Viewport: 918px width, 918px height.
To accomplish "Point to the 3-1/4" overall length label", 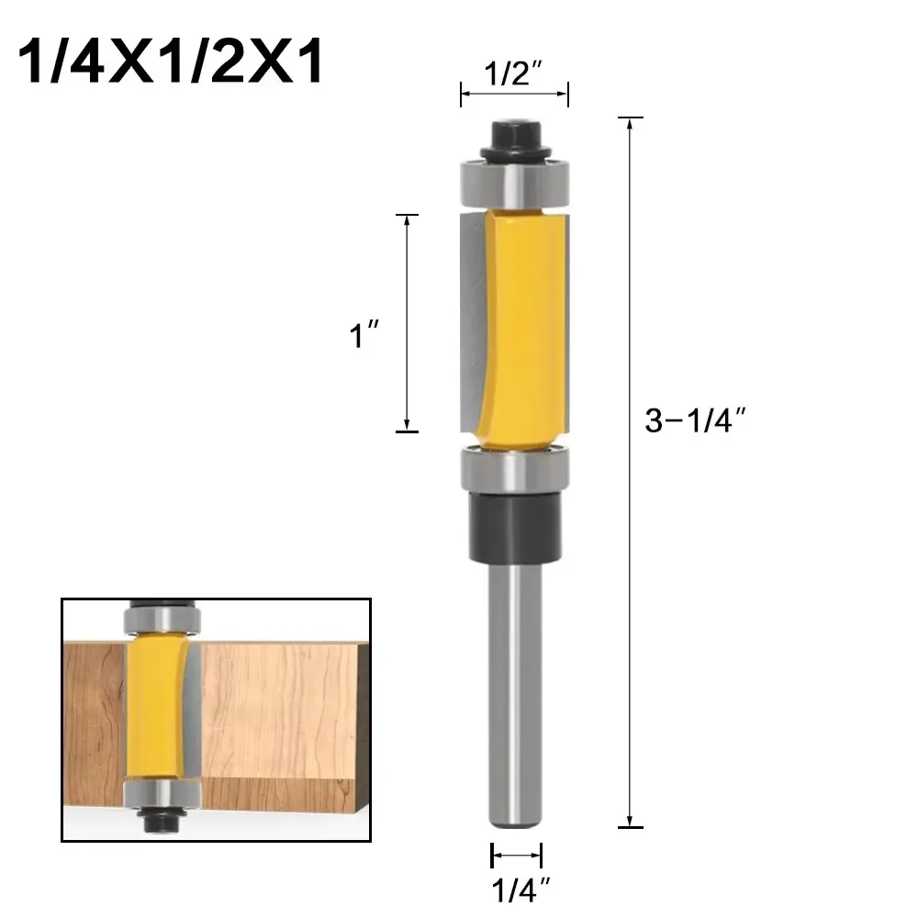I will point(693,420).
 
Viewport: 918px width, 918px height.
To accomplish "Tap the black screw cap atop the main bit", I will point(514,138).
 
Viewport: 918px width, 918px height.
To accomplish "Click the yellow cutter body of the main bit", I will point(519,326).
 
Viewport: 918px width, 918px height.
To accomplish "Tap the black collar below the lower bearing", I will point(514,523).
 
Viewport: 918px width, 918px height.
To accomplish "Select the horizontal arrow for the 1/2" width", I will point(514,94).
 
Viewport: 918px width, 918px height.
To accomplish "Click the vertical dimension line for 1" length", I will point(406,321).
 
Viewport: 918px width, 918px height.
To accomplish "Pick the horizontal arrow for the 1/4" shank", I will point(516,856).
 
